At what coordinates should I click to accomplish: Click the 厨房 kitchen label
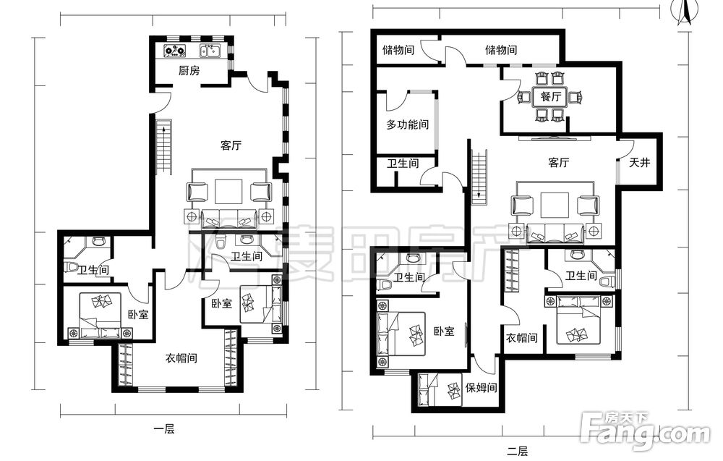click(x=189, y=71)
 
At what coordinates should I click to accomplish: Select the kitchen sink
click(x=210, y=50)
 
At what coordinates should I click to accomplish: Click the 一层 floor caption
click(x=163, y=430)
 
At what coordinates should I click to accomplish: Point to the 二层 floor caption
click(x=518, y=451)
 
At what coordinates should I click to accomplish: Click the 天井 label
click(x=640, y=162)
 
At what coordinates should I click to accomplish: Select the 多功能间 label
click(x=407, y=124)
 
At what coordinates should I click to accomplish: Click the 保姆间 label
click(x=481, y=388)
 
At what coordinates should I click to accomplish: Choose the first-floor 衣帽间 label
click(x=181, y=358)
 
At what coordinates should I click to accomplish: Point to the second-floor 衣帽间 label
click(x=522, y=338)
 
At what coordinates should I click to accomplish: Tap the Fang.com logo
click(x=646, y=430)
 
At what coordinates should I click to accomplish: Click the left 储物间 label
click(x=398, y=49)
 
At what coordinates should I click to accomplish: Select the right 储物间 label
click(x=501, y=49)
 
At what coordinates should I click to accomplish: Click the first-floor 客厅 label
click(x=231, y=145)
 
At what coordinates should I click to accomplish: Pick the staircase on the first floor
click(x=163, y=147)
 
